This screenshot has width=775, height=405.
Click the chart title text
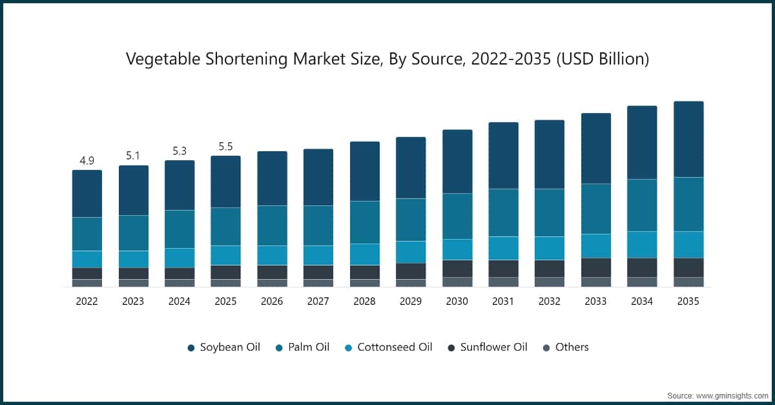[387, 59]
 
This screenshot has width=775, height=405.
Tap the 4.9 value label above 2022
[87, 160]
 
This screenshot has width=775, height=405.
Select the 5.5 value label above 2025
[225, 147]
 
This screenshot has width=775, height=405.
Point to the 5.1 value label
[133, 156]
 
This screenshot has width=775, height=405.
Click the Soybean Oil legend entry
[223, 348]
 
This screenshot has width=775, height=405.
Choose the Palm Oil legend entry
[302, 348]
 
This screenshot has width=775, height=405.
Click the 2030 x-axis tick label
[457, 302]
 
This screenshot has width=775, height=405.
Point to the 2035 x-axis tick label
[688, 302]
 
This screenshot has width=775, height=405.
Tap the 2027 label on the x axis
[318, 302]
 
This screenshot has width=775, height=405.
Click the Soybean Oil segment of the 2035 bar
[688, 139]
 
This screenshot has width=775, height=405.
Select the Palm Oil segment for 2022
[87, 234]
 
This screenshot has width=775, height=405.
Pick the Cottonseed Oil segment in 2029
[411, 252]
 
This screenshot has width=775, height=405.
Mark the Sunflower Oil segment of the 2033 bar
[596, 267]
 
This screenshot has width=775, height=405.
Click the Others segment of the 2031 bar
[503, 282]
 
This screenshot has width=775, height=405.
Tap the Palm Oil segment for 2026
[272, 225]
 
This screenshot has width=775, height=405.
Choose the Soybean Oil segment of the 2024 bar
[180, 185]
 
